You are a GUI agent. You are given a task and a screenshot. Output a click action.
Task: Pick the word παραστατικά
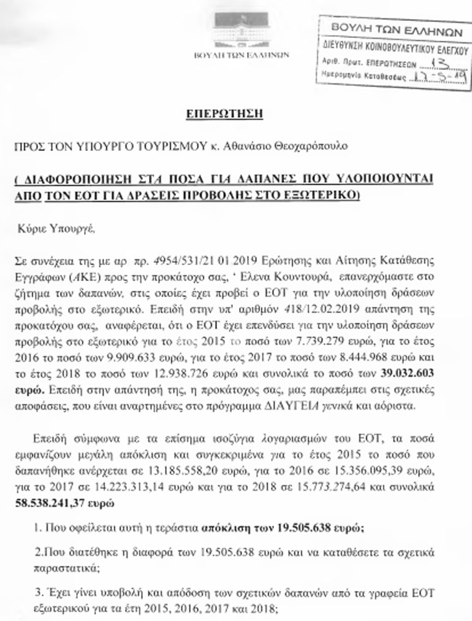click(60, 568)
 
